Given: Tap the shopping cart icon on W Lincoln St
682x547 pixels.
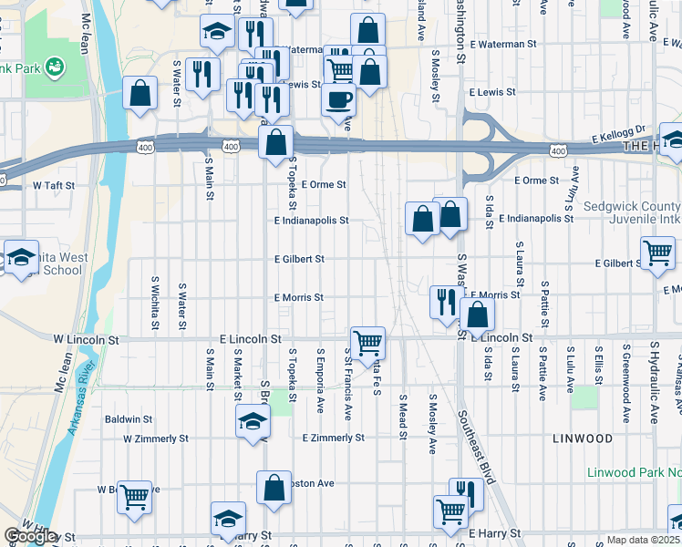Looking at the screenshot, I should point(367,344).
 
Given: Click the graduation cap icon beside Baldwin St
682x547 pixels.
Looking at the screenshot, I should point(253,422).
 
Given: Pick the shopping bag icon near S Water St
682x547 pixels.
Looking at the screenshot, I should point(139,93).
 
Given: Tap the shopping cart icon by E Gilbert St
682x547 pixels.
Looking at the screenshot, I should point(656,253).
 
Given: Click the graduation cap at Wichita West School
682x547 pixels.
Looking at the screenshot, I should point(19,257).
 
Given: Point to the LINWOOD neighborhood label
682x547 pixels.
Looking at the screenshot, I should point(582,439).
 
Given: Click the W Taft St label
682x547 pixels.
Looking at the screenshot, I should point(53,184).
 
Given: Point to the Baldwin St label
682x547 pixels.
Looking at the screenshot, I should point(129,419).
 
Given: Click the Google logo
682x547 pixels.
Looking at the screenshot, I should point(30,536).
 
